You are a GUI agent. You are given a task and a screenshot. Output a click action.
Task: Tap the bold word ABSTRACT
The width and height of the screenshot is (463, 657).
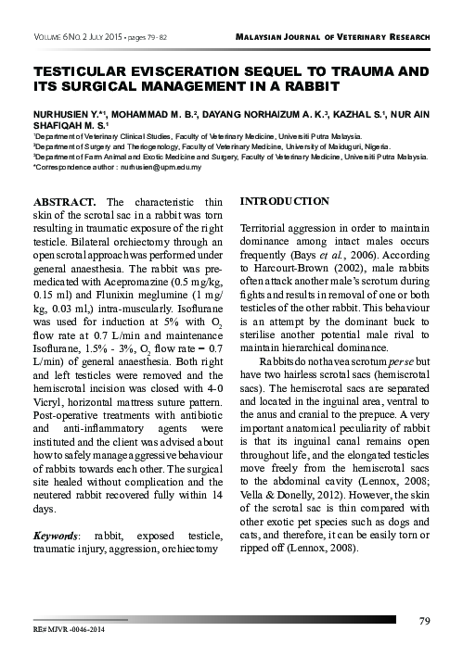coord(66,201)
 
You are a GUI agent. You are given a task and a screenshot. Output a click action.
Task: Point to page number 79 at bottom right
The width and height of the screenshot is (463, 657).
coord(425,620)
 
